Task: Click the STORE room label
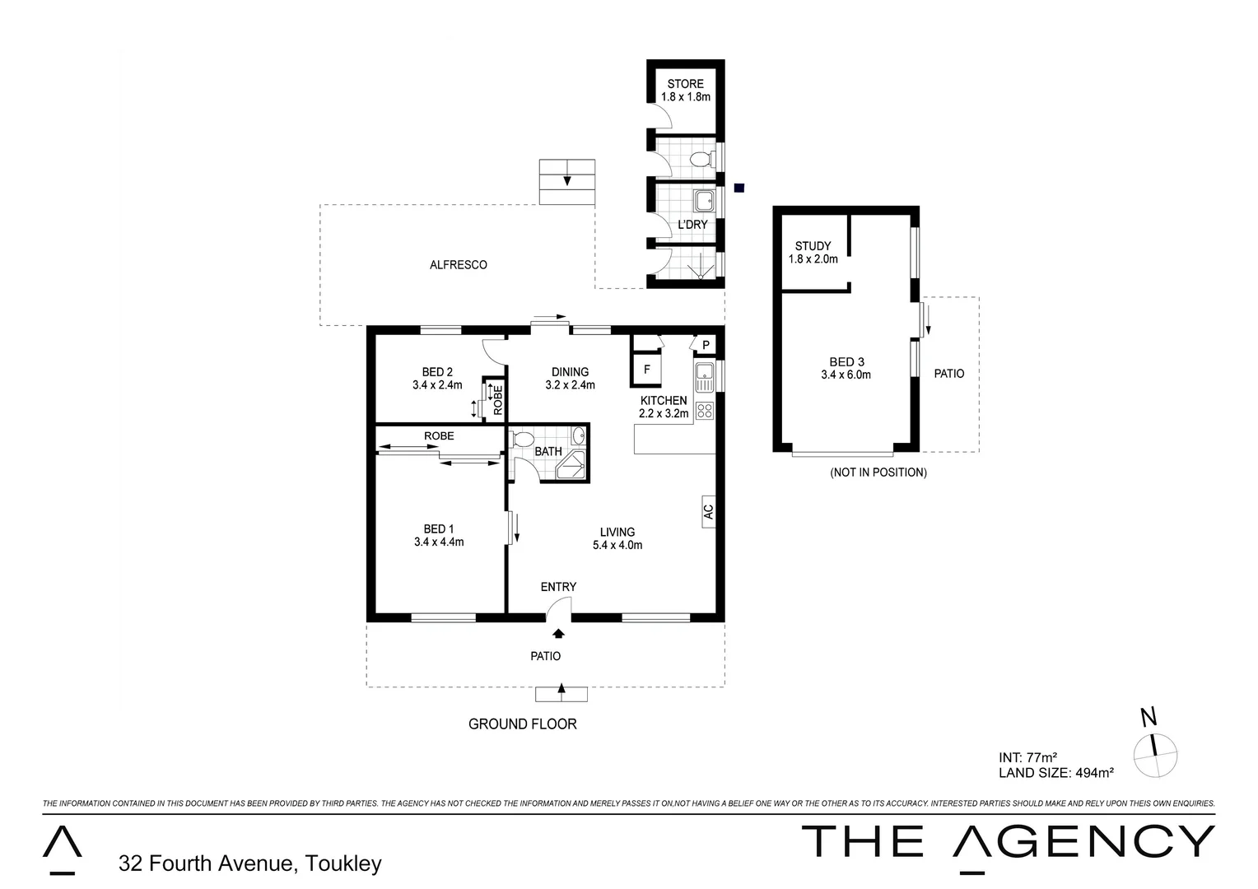pos(685,84)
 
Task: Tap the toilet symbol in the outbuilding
pos(701,158)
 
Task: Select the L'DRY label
pos(692,225)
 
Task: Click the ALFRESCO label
pos(459,265)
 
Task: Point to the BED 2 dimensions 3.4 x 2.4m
pos(437,384)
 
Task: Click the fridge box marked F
pos(646,370)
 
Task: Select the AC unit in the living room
pos(708,512)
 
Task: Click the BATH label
pos(548,452)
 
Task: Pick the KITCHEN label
pos(664,401)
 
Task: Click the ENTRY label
pos(558,587)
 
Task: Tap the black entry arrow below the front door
pos(559,633)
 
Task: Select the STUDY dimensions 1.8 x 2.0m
pos(813,259)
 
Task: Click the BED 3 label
pos(846,362)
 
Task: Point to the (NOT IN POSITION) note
pos(878,472)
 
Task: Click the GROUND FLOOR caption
pos(522,724)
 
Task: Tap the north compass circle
pos(1155,754)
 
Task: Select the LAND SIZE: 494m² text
pos(1056,773)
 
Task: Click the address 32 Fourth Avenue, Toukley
pos(250,863)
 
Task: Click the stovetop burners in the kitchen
pos(704,410)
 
